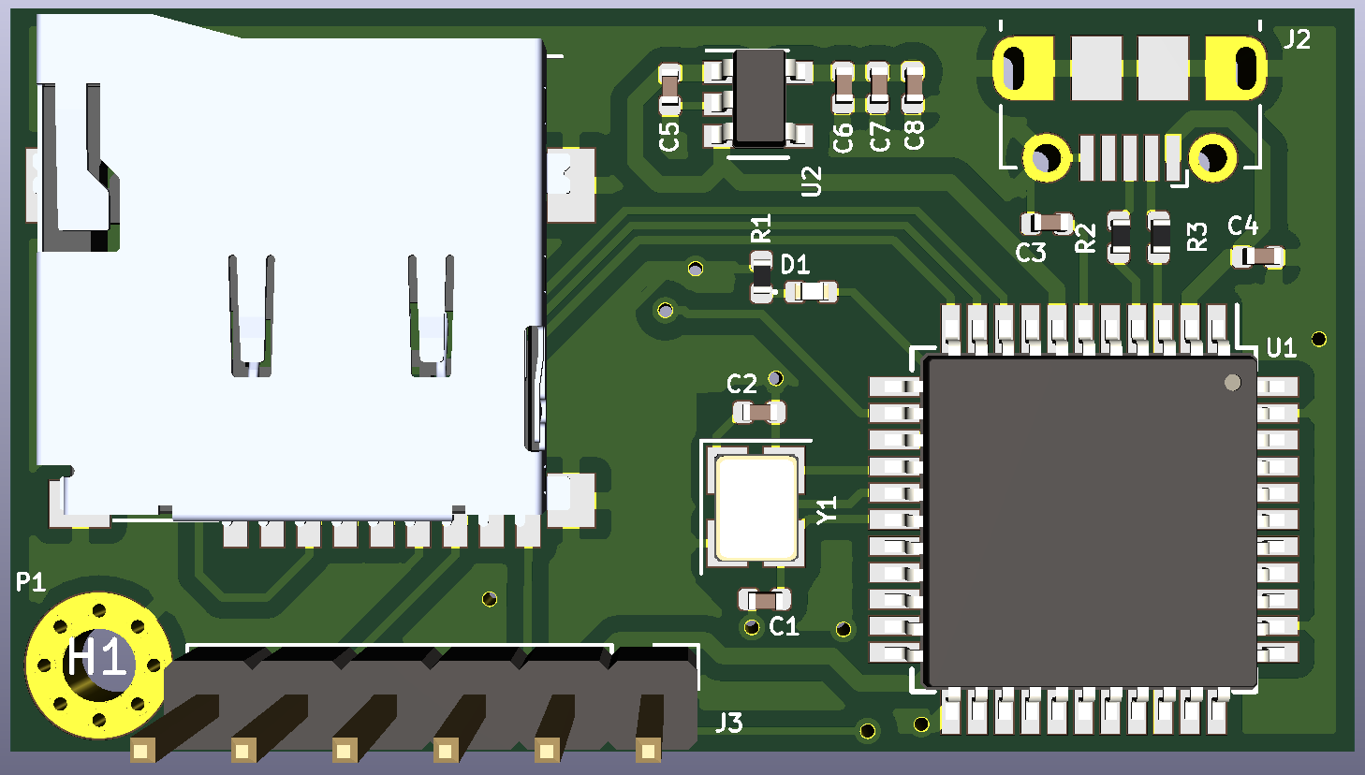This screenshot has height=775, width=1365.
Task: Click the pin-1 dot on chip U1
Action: [1232, 382]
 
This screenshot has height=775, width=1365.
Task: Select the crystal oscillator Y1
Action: [756, 505]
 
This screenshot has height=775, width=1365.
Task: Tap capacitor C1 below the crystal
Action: [765, 599]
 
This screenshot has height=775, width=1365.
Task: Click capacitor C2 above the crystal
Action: [759, 412]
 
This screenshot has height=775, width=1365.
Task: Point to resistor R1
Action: [763, 277]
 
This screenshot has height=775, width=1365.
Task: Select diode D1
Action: [811, 292]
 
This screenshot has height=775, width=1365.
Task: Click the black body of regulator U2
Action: [759, 98]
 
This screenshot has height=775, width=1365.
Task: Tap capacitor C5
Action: [669, 88]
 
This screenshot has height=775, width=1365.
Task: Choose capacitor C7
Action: [877, 88]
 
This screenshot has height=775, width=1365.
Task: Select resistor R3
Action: [1158, 237]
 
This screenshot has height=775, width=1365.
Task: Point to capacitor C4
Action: [1258, 256]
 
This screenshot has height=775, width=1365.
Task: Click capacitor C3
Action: [1047, 223]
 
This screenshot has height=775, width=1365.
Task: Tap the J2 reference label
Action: [1297, 39]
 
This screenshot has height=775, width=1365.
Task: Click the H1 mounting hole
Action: [97, 663]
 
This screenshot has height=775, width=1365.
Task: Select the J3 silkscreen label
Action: [728, 723]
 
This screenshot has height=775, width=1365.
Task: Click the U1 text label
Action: [1281, 348]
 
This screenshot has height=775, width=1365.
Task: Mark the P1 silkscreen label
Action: [30, 582]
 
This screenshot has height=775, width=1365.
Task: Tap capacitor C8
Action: [914, 88]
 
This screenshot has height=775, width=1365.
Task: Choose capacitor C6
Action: [843, 88]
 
